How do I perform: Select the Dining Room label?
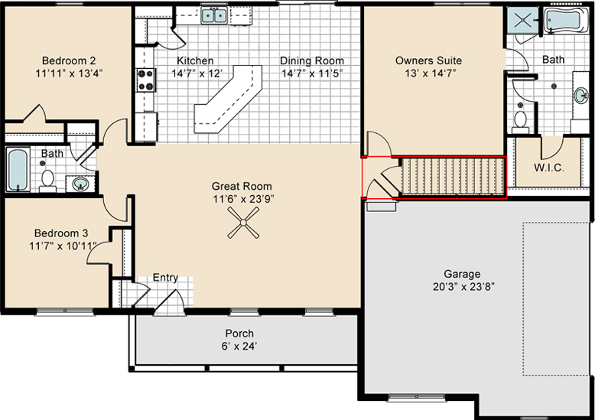click(x=311, y=61)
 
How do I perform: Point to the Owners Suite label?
click(x=428, y=61)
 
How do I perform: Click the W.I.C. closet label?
click(x=548, y=167)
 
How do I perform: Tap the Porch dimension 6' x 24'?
click(x=239, y=346)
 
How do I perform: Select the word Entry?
click(x=166, y=278)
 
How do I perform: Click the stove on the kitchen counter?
click(x=145, y=80)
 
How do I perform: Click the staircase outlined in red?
click(x=452, y=177)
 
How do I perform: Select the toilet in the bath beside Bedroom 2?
click(x=47, y=180)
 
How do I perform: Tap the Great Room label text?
click(x=242, y=186)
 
